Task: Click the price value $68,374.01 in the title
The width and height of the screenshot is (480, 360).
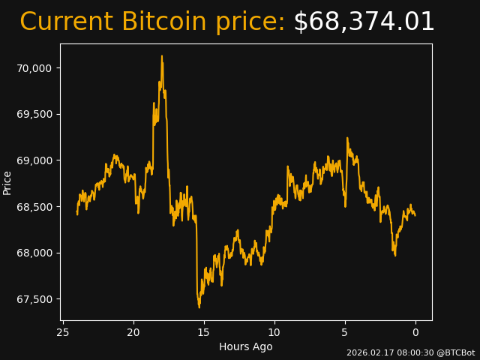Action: [x=364, y=22]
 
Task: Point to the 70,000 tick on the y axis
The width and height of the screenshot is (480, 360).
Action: [x=34, y=68]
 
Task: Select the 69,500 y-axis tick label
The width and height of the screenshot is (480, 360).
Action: [x=34, y=114]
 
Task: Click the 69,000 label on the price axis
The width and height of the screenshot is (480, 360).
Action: [x=34, y=160]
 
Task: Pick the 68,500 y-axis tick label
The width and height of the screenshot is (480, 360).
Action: [x=34, y=207]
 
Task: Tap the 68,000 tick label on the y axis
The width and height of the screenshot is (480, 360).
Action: [x=34, y=253]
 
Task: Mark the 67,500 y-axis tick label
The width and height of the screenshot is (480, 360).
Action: [x=34, y=299]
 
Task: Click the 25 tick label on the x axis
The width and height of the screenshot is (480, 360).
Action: [x=63, y=332]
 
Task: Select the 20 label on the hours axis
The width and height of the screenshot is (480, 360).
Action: [x=133, y=332]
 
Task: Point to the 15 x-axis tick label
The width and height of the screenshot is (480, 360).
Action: [x=204, y=332]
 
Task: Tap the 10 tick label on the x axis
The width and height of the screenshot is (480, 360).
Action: [x=274, y=332]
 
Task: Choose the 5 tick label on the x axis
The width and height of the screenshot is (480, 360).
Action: [x=345, y=332]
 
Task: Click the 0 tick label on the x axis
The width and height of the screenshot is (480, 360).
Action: [x=415, y=332]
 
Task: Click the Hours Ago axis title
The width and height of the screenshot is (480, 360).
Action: [x=246, y=346]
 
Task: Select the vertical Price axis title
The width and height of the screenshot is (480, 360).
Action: [x=7, y=182]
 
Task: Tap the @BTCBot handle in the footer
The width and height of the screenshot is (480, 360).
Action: [x=455, y=352]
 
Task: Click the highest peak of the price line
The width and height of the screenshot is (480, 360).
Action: [x=161, y=56]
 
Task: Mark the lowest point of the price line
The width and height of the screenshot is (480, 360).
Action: [x=199, y=307]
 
